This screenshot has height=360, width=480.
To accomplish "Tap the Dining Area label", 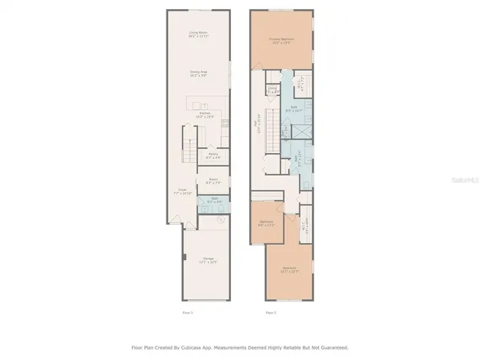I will point(198,73).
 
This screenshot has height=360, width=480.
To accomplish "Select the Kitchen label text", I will point(204,114).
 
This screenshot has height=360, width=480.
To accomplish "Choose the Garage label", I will point(208,259).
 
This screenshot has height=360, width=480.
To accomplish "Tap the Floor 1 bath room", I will point(213,200).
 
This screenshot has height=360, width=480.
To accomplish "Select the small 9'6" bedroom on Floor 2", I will point(266,223).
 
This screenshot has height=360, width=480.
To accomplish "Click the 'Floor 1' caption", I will point(187,312).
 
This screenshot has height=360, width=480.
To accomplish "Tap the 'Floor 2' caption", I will point(271,312).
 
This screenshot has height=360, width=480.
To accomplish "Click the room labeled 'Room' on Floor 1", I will point(213,180).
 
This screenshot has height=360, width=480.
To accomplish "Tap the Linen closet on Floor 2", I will point(273,90).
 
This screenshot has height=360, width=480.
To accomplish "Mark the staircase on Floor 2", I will point(272,127).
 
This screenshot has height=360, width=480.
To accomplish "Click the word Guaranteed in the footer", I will point(331,348).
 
